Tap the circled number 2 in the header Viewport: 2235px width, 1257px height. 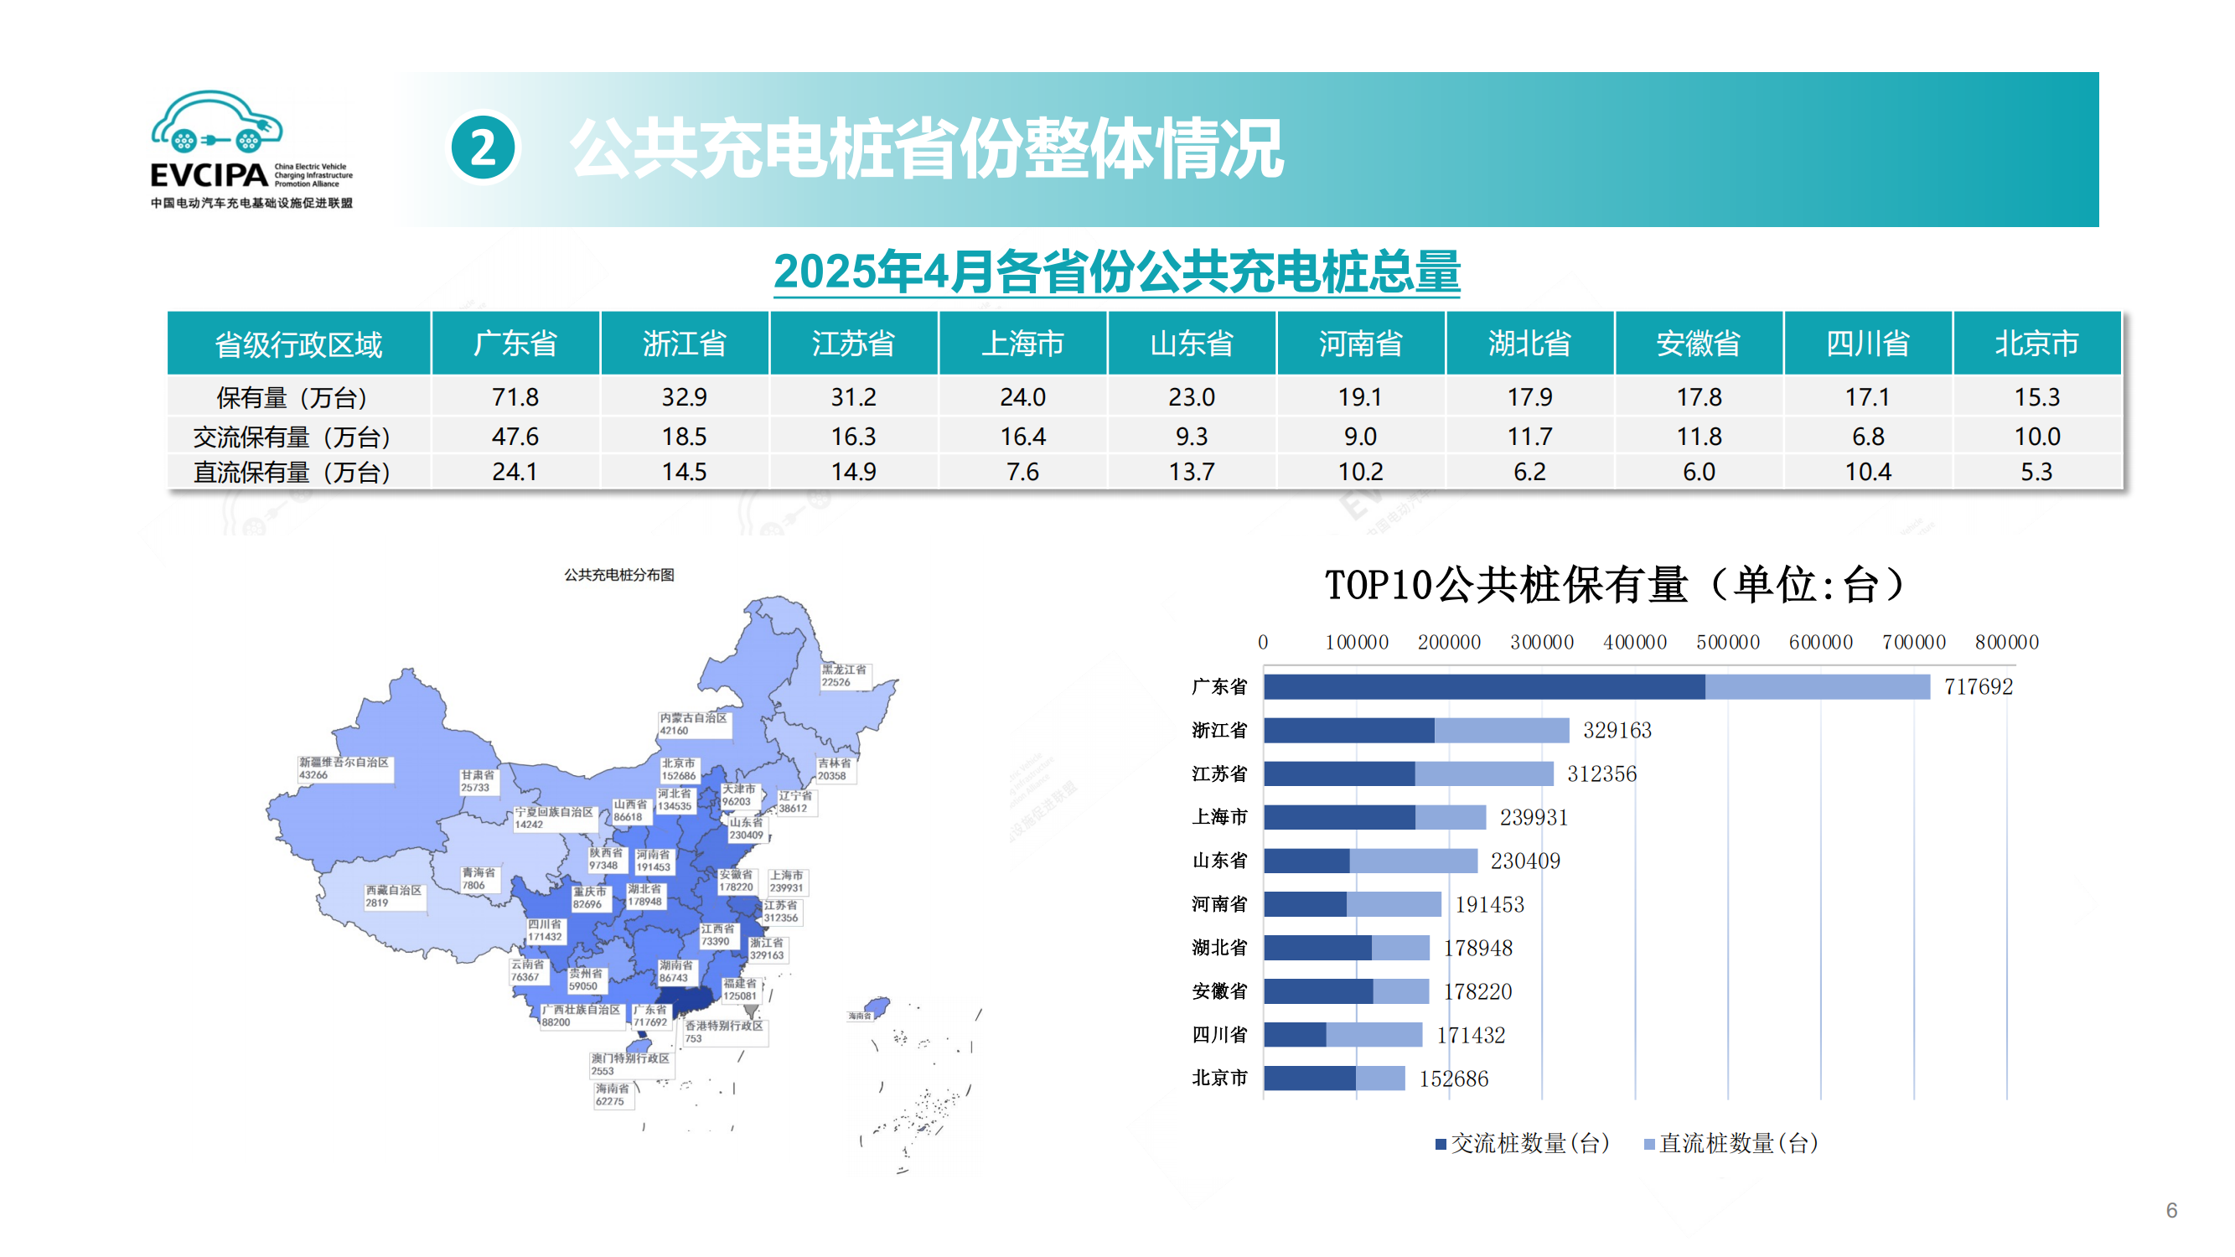pyautogui.click(x=484, y=148)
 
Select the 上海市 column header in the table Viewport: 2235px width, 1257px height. pyautogui.click(x=1022, y=344)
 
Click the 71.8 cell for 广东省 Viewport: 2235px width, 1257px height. pyautogui.click(x=515, y=397)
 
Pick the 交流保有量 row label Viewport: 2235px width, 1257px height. pyautogui.click(x=292, y=437)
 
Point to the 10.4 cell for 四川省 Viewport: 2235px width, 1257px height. pyautogui.click(x=1867, y=472)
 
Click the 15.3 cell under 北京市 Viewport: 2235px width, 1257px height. pyautogui.click(x=2036, y=397)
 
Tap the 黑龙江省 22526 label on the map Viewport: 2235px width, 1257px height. pyautogui.click(x=844, y=675)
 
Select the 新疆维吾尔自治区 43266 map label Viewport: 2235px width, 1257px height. pyautogui.click(x=344, y=768)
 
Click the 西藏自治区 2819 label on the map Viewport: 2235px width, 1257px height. pyautogui.click(x=393, y=896)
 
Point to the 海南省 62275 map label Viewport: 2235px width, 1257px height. pyautogui.click(x=613, y=1094)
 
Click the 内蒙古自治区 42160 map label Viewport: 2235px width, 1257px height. pyautogui.click(x=693, y=724)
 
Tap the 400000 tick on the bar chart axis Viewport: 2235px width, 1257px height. pyautogui.click(x=1635, y=643)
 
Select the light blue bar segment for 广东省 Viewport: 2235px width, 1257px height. pyautogui.click(x=1817, y=687)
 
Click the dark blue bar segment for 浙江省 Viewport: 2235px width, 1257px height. pyautogui.click(x=1348, y=731)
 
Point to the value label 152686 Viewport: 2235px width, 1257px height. pyautogui.click(x=1453, y=1079)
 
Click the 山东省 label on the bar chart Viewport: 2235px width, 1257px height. pyautogui.click(x=1219, y=861)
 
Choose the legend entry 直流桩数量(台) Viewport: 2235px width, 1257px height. pyautogui.click(x=1731, y=1144)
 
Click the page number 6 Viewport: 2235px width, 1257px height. pyautogui.click(x=2171, y=1210)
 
